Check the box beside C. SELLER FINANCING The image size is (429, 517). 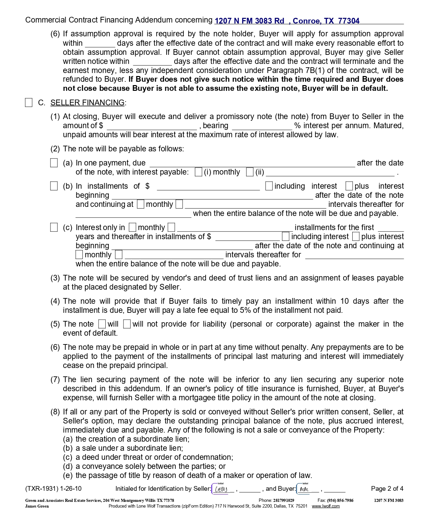29,103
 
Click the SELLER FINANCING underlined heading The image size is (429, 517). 87,103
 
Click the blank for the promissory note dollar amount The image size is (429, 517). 151,126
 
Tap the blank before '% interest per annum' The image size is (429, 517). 262,126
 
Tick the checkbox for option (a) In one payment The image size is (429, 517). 54,163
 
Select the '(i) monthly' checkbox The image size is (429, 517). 199,172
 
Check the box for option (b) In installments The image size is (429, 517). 54,186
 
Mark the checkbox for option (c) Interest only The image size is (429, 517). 54,227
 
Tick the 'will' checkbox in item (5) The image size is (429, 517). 102,324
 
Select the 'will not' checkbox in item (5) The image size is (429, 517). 127,324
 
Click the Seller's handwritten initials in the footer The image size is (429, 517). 221,489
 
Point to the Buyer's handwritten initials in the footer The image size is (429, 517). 305,489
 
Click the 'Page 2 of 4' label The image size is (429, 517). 387,489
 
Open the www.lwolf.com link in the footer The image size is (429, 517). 325,506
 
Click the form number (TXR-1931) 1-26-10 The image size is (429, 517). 53,489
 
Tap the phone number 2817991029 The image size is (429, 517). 284,501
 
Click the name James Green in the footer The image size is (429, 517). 37,506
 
